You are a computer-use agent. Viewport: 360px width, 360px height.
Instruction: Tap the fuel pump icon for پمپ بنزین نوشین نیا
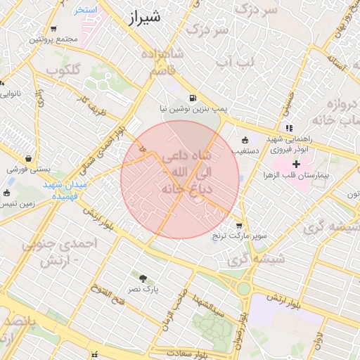[x=192, y=98]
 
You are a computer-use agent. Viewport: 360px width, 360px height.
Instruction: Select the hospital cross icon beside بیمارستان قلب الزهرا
[x=295, y=163]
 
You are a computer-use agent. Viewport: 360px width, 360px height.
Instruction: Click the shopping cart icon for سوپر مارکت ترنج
[x=239, y=226]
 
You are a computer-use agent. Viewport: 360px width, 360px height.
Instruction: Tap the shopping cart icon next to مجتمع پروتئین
[x=53, y=30]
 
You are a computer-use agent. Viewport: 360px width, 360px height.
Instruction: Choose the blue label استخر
[x=86, y=11]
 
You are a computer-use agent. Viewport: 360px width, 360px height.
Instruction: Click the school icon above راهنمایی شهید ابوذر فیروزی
[x=290, y=128]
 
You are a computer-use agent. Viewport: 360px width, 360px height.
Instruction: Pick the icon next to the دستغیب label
[x=245, y=140]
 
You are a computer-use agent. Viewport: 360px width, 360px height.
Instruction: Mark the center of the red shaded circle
[x=180, y=179]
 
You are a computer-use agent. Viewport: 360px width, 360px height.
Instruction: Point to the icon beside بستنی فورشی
[x=28, y=159]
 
